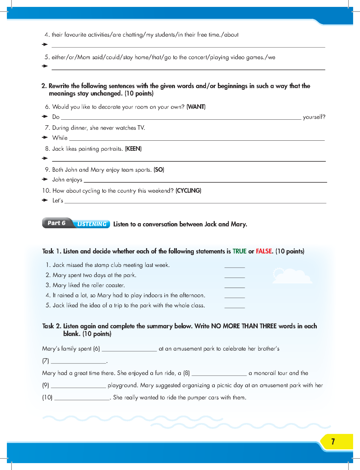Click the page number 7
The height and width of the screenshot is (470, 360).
333,441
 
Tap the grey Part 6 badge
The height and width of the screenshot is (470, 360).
57,223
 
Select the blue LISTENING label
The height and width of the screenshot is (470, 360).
92,224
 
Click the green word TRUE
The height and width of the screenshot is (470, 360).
239,251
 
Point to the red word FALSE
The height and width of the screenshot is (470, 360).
264,251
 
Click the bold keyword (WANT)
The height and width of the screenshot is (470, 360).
196,107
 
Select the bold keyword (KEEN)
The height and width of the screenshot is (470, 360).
133,149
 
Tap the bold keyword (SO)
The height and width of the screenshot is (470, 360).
159,170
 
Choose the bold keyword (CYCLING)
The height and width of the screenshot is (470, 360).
188,191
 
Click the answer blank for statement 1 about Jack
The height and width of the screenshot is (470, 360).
234,265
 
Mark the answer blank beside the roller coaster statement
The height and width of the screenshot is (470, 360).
234,285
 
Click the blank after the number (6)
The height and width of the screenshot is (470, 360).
129,349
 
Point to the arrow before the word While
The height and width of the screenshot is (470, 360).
45,138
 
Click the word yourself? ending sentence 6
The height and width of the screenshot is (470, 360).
314,117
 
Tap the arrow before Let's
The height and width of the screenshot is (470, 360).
45,200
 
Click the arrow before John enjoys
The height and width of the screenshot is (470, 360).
45,179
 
